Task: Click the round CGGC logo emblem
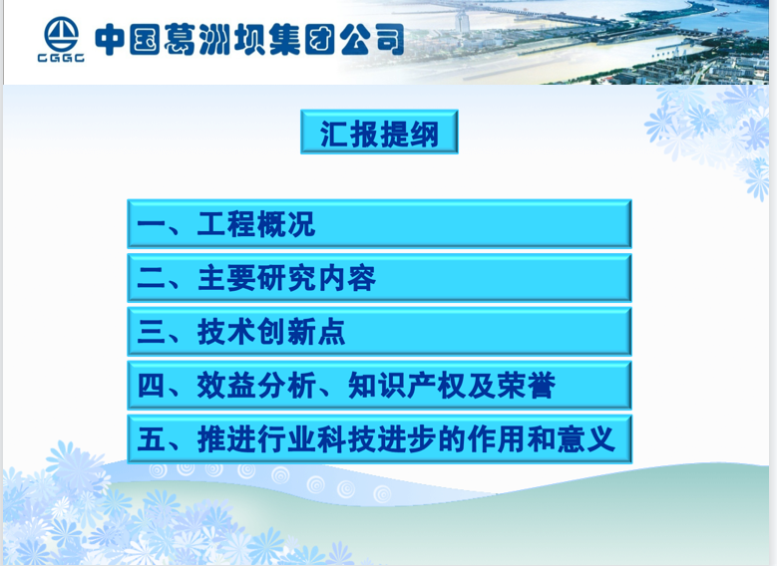pyautogui.click(x=61, y=34)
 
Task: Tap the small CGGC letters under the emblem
pyautogui.click(x=61, y=58)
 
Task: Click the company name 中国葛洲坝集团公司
pyautogui.click(x=249, y=40)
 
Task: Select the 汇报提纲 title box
pyautogui.click(x=379, y=132)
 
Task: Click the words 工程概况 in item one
pyautogui.click(x=256, y=224)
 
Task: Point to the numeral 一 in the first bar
pyautogui.click(x=152, y=224)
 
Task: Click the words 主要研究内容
pyautogui.click(x=286, y=278)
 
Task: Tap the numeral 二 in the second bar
pyautogui.click(x=152, y=278)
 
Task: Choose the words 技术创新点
pyautogui.click(x=271, y=331)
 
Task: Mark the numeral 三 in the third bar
pyautogui.click(x=152, y=332)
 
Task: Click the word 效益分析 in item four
pyautogui.click(x=256, y=386)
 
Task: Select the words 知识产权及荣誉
pyautogui.click(x=452, y=386)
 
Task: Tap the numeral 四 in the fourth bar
pyautogui.click(x=152, y=386)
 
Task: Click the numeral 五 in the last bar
pyautogui.click(x=152, y=439)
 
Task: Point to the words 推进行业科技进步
pyautogui.click(x=317, y=439)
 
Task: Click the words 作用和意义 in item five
pyautogui.click(x=542, y=439)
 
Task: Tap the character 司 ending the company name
pyautogui.click(x=389, y=40)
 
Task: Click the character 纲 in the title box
pyautogui.click(x=425, y=134)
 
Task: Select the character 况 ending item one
pyautogui.click(x=301, y=224)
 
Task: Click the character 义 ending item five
pyautogui.click(x=601, y=439)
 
